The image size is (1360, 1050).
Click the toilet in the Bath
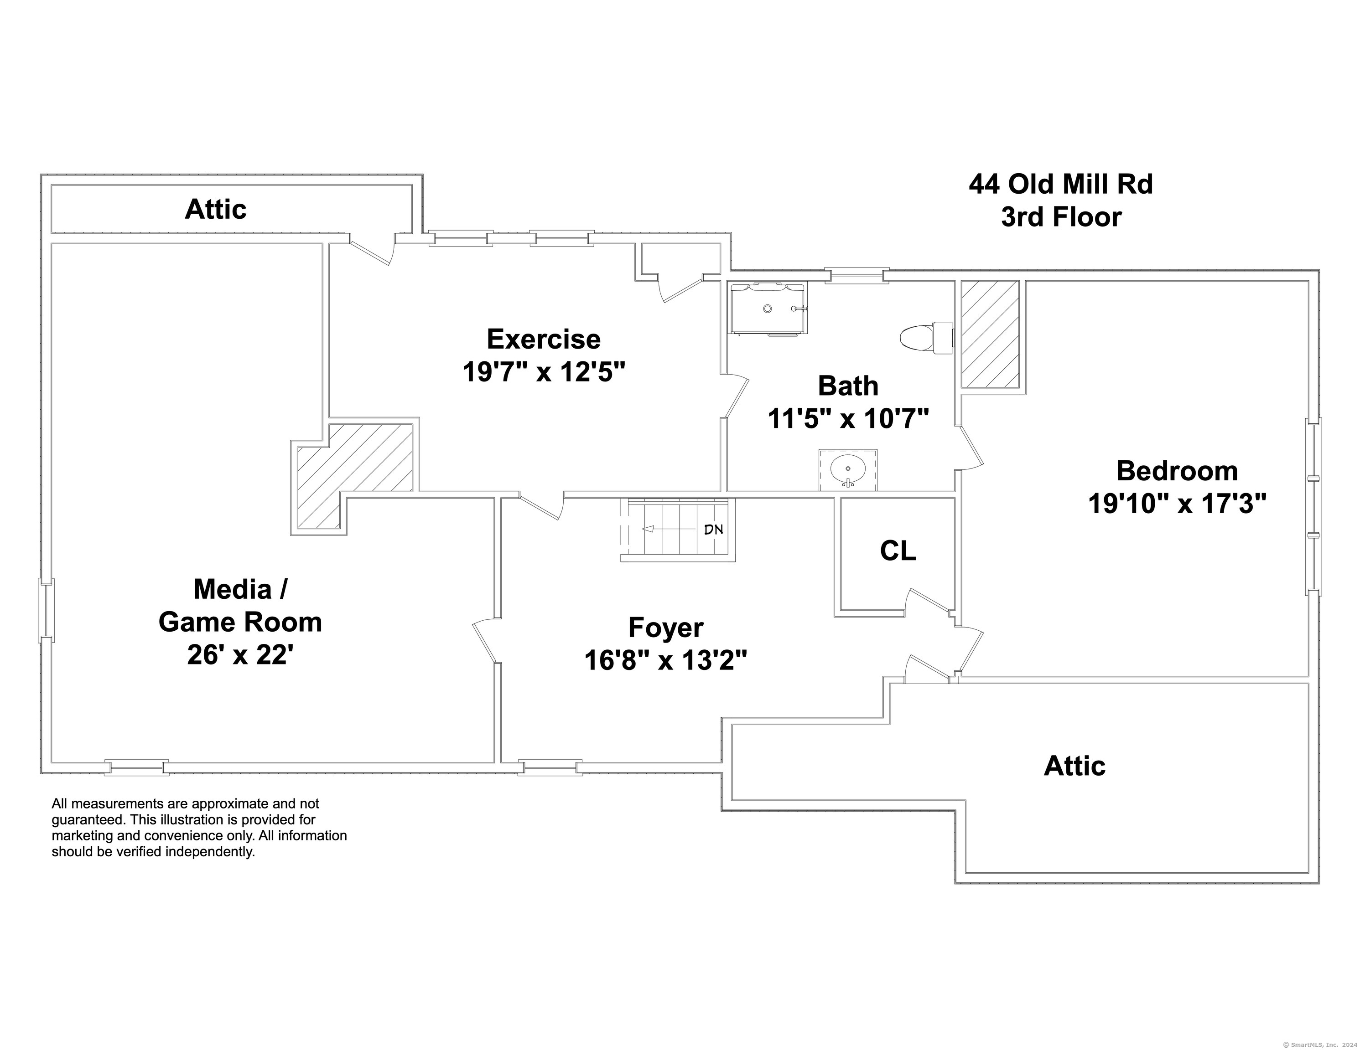(927, 338)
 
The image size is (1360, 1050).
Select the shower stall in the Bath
(768, 309)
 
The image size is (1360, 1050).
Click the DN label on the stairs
(714, 530)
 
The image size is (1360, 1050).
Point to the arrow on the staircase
(670, 530)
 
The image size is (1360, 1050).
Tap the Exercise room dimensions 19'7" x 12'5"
(544, 373)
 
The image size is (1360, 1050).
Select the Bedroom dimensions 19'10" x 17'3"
(1177, 504)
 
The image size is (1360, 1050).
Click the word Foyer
(666, 628)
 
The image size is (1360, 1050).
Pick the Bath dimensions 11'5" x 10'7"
(848, 419)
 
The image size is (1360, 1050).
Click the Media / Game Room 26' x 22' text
(240, 622)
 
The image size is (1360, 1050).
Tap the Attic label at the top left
(215, 209)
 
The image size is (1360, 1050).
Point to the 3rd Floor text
(1061, 217)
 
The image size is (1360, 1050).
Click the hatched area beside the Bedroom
(990, 334)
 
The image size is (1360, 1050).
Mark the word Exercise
(544, 339)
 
